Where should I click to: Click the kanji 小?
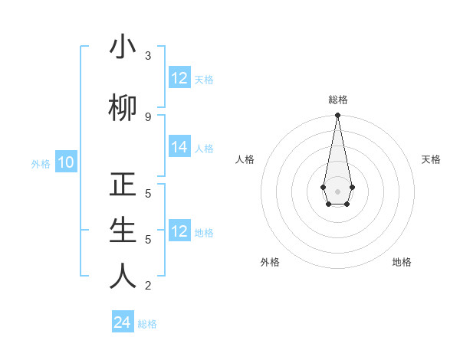(x=123, y=47)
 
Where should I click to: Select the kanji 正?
(x=123, y=186)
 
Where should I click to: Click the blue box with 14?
(x=179, y=147)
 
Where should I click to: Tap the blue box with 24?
(x=123, y=322)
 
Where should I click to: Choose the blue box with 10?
(x=66, y=162)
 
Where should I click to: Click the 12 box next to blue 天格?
(x=179, y=78)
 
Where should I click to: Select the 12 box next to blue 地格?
(x=179, y=231)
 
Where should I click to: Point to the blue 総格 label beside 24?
(x=147, y=324)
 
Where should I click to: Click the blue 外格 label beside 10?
(x=41, y=163)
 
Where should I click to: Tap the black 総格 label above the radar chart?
(x=338, y=100)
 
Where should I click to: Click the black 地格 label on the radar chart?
(x=402, y=262)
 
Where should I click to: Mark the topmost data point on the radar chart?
(x=337, y=116)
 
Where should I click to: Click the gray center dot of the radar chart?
(x=337, y=191)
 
